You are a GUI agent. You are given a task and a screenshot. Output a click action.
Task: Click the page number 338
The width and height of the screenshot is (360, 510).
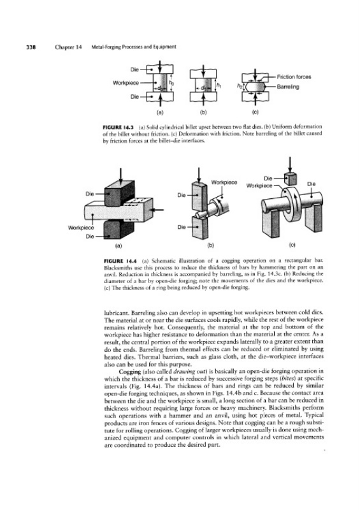pyautogui.click(x=31, y=47)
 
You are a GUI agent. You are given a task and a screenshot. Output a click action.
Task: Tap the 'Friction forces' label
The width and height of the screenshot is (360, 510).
pyautogui.click(x=294, y=77)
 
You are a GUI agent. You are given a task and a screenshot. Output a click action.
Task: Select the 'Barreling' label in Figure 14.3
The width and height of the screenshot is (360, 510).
pyautogui.click(x=288, y=87)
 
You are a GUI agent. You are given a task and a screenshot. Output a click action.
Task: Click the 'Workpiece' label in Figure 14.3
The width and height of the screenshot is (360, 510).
pyautogui.click(x=126, y=83)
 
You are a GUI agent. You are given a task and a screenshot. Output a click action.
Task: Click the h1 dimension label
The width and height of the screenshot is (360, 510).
pyautogui.click(x=219, y=85)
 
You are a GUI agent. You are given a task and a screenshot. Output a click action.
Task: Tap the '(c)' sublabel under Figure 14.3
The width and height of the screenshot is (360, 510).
pyautogui.click(x=256, y=113)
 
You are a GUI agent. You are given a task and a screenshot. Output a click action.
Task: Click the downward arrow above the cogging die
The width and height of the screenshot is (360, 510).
pyautogui.click(x=120, y=177)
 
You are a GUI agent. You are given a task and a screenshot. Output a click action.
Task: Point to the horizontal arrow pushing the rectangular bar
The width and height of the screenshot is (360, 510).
pyautogui.click(x=158, y=210)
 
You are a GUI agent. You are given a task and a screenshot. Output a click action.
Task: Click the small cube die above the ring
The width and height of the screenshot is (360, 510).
pyautogui.click(x=291, y=178)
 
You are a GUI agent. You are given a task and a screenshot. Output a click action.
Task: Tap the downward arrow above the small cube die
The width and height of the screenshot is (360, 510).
pyautogui.click(x=289, y=165)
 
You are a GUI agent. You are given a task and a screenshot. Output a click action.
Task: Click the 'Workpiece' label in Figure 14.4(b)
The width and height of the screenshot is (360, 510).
pyautogui.click(x=224, y=182)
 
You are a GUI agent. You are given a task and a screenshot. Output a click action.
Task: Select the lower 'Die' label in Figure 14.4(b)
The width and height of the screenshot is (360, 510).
pyautogui.click(x=182, y=227)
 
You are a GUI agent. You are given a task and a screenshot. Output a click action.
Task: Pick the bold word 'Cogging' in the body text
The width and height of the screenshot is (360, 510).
pyautogui.click(x=129, y=372)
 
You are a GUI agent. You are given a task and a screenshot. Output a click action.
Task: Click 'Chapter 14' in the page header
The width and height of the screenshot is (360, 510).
pyautogui.click(x=68, y=47)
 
